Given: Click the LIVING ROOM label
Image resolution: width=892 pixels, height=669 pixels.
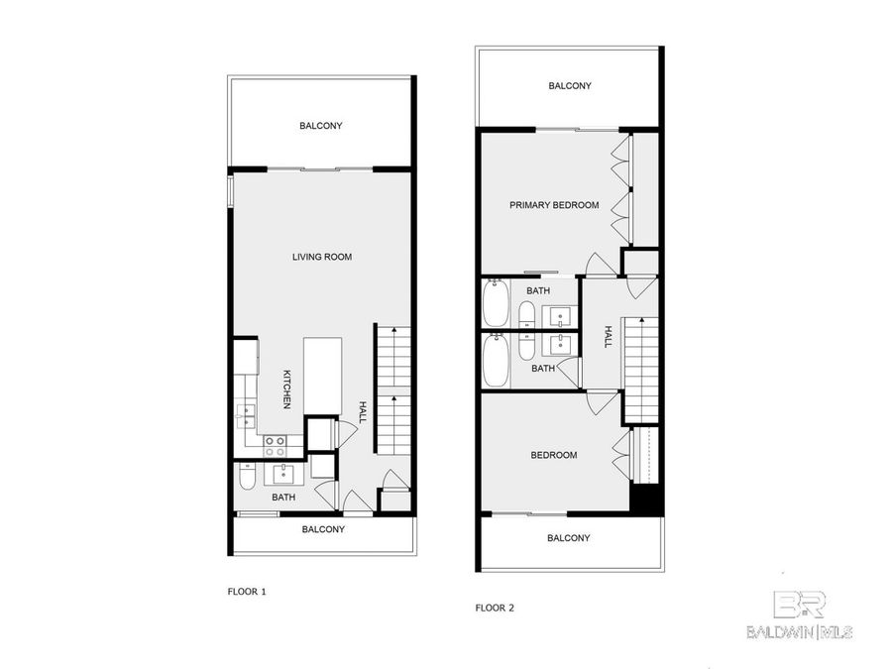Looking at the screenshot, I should click(x=322, y=258).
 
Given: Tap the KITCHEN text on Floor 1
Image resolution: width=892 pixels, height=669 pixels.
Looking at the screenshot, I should click(x=286, y=390).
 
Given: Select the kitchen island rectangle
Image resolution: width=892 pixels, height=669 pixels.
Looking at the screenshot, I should click(x=322, y=376).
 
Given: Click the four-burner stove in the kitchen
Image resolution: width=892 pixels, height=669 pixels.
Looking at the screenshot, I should click(x=275, y=445).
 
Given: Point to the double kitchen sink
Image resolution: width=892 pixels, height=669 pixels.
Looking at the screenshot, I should click(x=246, y=416).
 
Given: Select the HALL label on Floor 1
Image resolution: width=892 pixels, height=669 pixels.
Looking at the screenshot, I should click(x=363, y=411).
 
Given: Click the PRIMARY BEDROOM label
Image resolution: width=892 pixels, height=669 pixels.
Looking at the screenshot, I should click(x=554, y=205).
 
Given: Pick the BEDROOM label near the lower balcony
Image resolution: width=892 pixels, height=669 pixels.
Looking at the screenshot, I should click(x=554, y=455).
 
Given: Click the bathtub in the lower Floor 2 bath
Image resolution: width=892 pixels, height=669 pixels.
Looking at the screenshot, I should click(x=494, y=361).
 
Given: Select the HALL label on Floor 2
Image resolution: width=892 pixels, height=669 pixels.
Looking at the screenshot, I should click(x=608, y=336).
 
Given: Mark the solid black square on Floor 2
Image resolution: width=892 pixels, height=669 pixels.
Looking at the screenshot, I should click(x=646, y=500).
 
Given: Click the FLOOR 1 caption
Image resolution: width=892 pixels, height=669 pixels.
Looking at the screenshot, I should click(x=248, y=592).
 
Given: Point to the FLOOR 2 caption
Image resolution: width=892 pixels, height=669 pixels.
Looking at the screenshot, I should click(x=495, y=608).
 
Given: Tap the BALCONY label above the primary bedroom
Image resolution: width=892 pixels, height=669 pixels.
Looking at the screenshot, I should click(x=570, y=86).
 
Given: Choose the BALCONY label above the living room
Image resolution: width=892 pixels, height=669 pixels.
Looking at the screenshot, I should click(x=321, y=126).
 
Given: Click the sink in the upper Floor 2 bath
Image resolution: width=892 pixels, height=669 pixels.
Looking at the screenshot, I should click(x=560, y=317).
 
